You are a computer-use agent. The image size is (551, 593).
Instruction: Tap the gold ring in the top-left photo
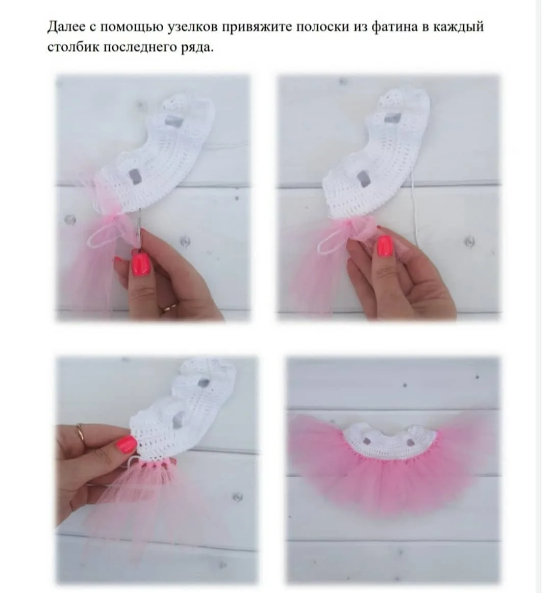tap(169, 307)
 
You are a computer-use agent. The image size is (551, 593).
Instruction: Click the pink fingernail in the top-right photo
tap(385, 245)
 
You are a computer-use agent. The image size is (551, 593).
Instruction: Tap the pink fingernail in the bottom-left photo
tap(127, 445)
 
